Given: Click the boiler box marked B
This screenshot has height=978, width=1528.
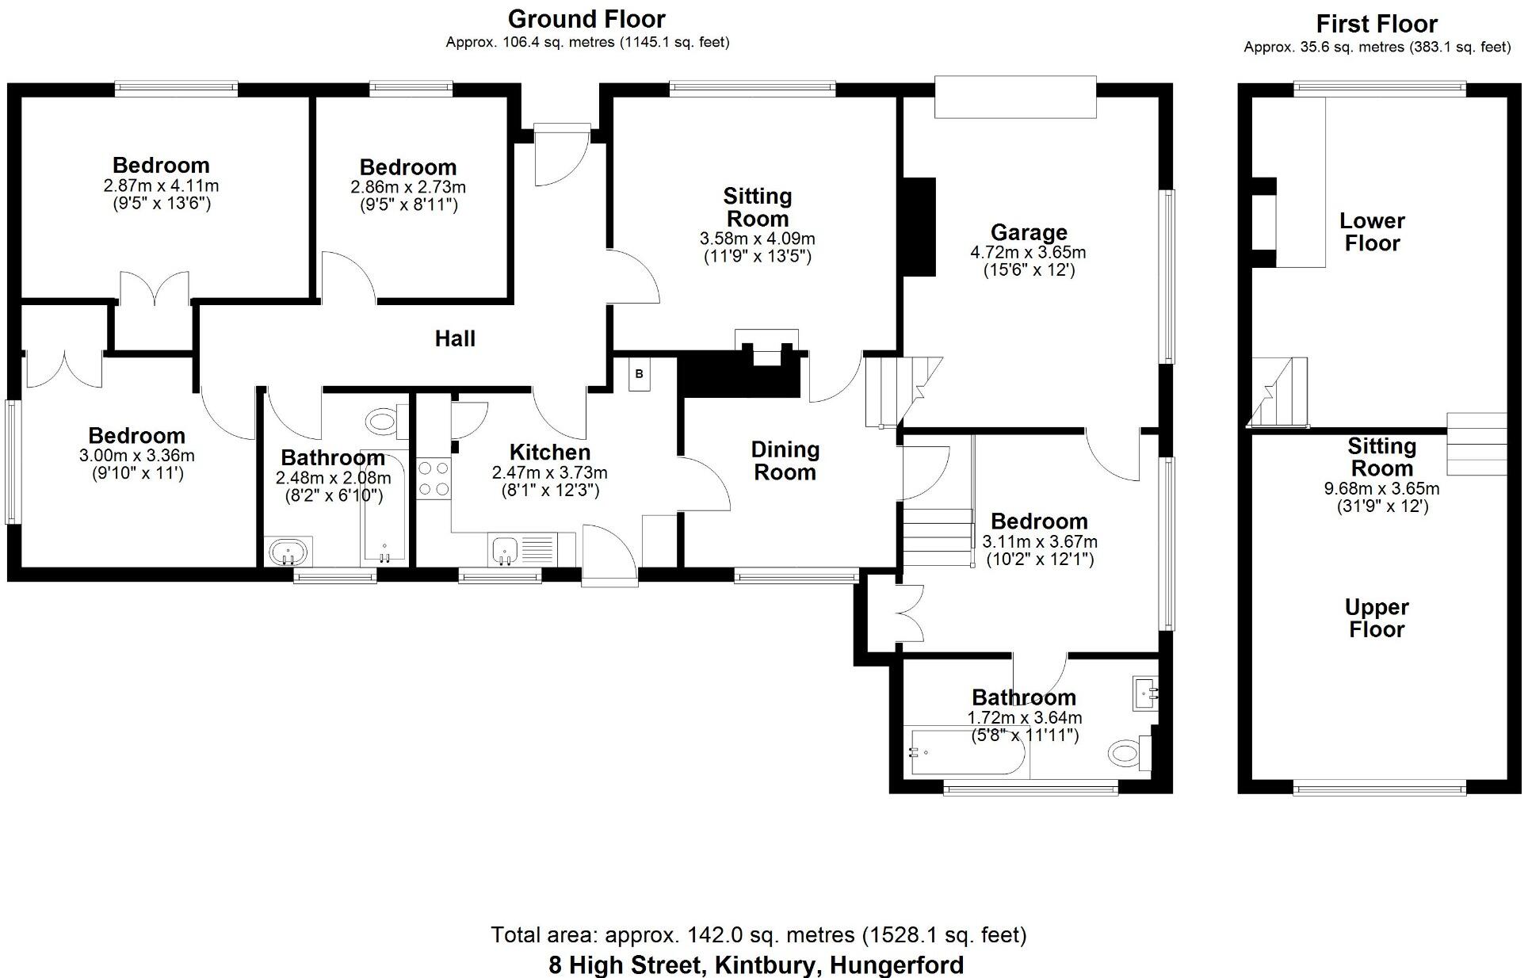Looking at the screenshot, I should click(x=640, y=374).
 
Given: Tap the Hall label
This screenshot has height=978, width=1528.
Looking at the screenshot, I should click(x=455, y=339).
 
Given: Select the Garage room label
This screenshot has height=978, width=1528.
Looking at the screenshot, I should click(x=1029, y=233).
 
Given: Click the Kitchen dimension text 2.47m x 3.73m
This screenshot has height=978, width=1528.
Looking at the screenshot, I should click(x=550, y=473).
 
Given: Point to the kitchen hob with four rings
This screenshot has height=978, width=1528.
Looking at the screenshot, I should click(x=434, y=479).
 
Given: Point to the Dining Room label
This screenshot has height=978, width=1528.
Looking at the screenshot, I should click(x=785, y=461).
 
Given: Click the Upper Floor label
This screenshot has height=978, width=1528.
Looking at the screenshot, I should click(x=1377, y=618).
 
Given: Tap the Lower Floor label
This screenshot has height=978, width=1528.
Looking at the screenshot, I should click(x=1372, y=231).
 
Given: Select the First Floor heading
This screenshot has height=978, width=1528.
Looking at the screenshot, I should click(x=1377, y=24).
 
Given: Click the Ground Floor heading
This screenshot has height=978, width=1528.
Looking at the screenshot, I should click(x=586, y=19).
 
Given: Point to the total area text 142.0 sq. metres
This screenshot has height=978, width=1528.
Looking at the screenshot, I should click(x=758, y=935).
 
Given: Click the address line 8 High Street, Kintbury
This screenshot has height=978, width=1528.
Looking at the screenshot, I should click(x=756, y=965).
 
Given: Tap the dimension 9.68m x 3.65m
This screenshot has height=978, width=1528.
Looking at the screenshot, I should click(x=1381, y=489).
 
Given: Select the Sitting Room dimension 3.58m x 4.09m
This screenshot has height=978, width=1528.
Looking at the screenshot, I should click(x=757, y=239).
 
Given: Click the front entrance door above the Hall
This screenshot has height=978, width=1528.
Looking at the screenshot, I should click(x=561, y=155).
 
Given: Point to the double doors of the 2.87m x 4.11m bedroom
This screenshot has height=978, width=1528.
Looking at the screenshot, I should click(x=154, y=288).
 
